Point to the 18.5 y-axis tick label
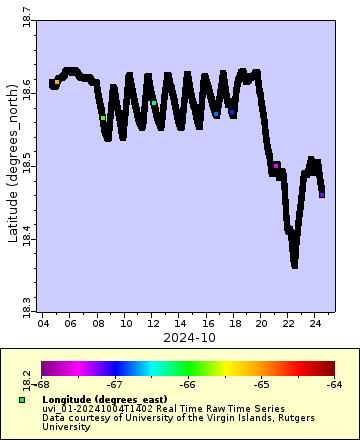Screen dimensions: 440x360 (x=26, y=166)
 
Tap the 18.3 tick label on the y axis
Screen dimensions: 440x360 (x=26, y=302)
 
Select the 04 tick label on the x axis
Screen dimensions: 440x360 (x=43, y=324)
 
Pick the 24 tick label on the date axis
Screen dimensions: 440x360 (x=315, y=324)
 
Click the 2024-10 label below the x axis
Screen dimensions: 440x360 (x=189, y=337)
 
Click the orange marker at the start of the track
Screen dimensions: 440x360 (x=57, y=81)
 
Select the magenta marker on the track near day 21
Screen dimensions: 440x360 (x=276, y=165)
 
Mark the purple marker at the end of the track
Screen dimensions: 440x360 (x=321, y=195)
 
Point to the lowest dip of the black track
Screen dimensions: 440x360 (x=294, y=264)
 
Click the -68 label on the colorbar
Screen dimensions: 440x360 (x=42, y=384)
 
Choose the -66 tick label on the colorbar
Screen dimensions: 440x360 (x=187, y=384)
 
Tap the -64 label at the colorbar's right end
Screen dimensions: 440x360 (x=334, y=384)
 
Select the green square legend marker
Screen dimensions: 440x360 (x=22, y=400)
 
